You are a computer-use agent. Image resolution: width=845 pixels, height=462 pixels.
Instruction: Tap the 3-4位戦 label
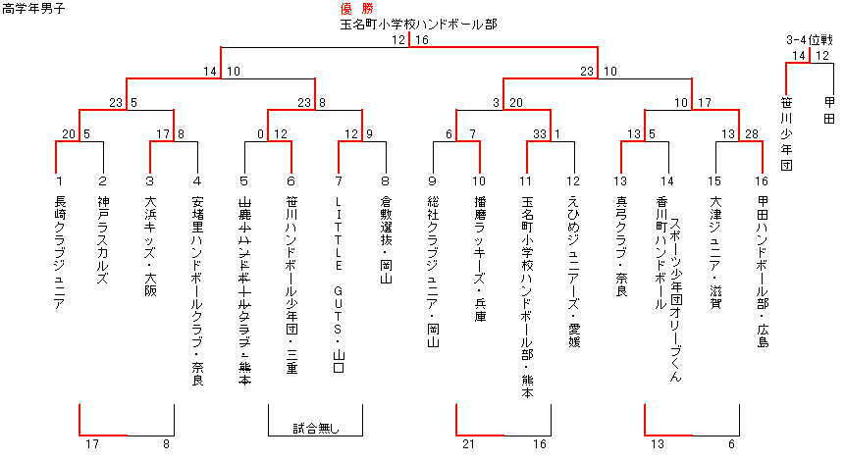[x=810, y=40]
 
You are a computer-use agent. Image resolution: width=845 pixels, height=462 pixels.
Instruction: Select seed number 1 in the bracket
[x=59, y=181]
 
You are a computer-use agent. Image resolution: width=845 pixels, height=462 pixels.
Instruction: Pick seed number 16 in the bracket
[x=762, y=181]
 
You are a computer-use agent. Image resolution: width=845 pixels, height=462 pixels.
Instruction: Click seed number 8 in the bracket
[x=385, y=181]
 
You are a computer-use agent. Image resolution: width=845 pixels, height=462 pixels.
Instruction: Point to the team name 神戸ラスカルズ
[x=102, y=240]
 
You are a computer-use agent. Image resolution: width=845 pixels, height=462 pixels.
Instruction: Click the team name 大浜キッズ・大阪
[x=150, y=246]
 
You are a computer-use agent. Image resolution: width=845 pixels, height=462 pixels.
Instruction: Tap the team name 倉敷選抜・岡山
[x=385, y=241]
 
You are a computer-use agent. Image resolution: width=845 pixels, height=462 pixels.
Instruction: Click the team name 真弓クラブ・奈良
[x=620, y=247]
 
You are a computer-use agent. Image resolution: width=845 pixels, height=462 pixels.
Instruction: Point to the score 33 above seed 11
[x=539, y=134]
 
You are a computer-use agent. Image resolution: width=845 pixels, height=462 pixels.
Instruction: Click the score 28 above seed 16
[x=751, y=134]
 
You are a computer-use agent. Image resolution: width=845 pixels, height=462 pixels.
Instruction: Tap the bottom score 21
[x=469, y=445]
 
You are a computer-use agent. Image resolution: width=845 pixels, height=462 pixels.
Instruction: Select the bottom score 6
[x=731, y=445]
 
